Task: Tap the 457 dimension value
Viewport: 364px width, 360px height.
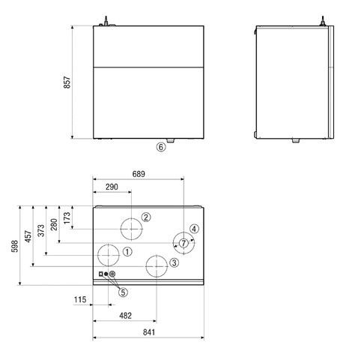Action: (x=28, y=236)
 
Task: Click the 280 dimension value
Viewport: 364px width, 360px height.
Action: (x=53, y=224)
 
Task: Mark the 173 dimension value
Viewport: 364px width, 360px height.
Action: (x=66, y=219)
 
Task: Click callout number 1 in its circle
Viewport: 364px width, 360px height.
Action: (x=127, y=251)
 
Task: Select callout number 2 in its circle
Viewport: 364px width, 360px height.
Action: (x=147, y=217)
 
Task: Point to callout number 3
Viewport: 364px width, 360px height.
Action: (x=173, y=262)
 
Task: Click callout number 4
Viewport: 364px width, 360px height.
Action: (x=193, y=229)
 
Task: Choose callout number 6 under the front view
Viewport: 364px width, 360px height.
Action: (x=160, y=147)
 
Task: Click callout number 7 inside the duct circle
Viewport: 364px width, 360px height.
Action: (x=183, y=243)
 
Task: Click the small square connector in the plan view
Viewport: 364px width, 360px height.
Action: (x=99, y=274)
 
